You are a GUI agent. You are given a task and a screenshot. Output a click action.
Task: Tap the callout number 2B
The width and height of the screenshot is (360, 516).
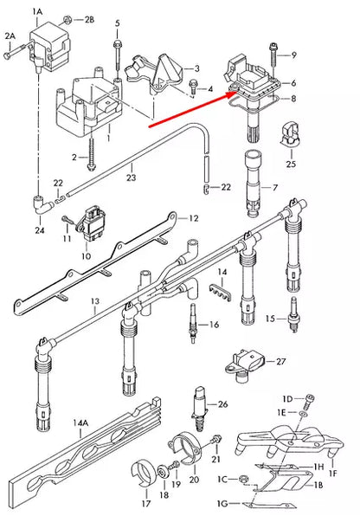pos(90,18)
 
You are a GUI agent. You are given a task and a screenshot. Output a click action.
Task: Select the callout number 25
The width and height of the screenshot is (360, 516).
pos(291,163)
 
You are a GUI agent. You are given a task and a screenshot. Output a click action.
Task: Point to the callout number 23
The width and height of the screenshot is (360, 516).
pos(131,178)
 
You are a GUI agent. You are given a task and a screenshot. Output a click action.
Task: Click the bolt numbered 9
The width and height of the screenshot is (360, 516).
pos(273,53)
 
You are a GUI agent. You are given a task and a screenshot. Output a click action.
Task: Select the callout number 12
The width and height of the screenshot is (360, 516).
pos(194,219)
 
